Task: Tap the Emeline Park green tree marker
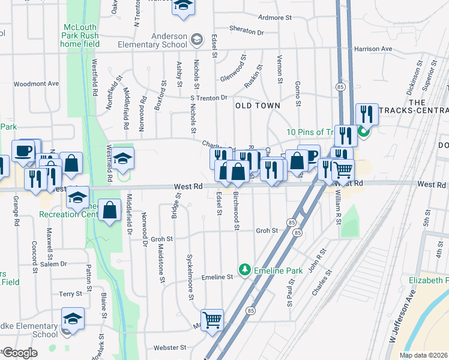(244, 270)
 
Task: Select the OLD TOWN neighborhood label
(258, 106)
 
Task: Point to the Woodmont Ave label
(37, 84)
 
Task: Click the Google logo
(20, 353)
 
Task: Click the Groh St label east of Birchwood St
(267, 230)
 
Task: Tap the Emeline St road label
(217, 277)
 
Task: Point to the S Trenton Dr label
(209, 97)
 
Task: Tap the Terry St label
(70, 294)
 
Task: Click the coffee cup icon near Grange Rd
(23, 151)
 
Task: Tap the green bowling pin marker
(364, 132)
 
